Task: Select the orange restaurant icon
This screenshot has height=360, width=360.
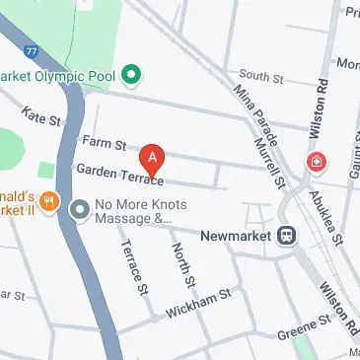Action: pos(51,204)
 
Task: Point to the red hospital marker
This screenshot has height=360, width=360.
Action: pos(317,161)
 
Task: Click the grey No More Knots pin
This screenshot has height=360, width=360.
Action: pos(79,207)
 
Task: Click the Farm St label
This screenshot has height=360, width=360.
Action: pos(104,144)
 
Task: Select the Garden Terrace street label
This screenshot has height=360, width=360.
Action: pos(118,177)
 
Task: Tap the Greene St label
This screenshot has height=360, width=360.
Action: pos(304,323)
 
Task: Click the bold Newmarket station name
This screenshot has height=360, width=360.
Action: pos(237,237)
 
